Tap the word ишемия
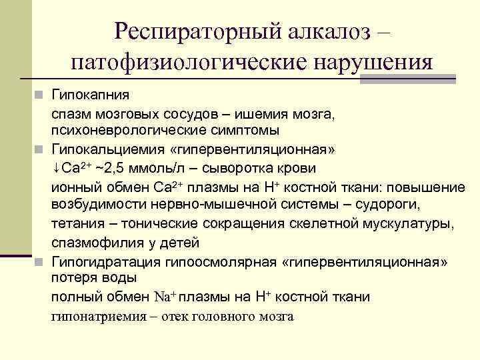[255, 114]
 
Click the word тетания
[75, 222]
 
